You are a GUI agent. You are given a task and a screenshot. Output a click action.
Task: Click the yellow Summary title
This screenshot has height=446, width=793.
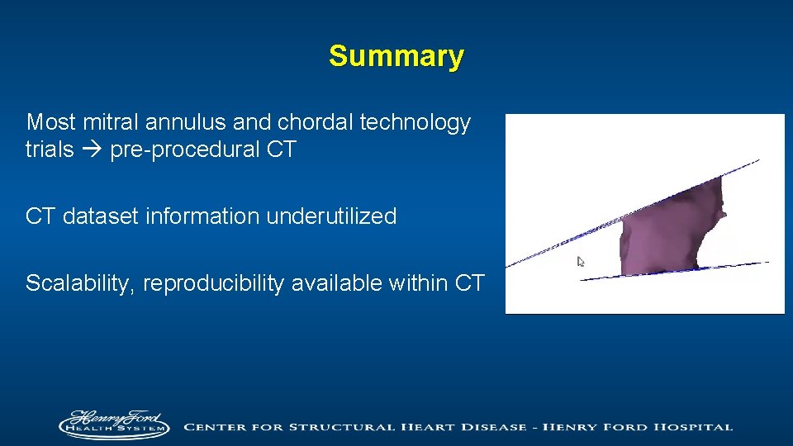[x=396, y=56]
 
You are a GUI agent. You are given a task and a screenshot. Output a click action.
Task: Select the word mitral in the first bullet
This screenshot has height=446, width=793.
[x=112, y=123]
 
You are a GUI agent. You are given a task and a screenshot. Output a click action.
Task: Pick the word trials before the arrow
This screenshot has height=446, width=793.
[x=50, y=151]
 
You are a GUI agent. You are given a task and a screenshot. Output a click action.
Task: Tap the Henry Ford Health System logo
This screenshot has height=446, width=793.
[x=114, y=425]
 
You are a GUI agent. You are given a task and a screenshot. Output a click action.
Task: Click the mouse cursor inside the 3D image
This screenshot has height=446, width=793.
[x=581, y=262]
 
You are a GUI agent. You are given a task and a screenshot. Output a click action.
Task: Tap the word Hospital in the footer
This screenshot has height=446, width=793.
[x=691, y=427]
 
